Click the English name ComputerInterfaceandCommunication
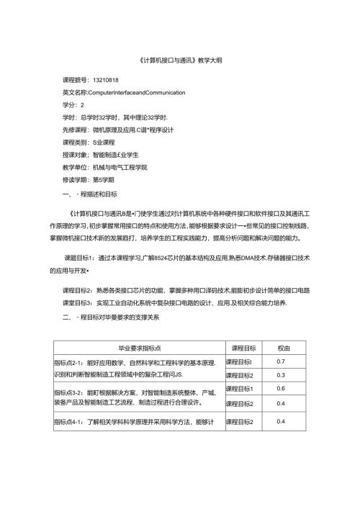(x=127, y=93)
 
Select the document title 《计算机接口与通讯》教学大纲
(x=179, y=61)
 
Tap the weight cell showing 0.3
(x=282, y=375)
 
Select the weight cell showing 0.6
(x=282, y=389)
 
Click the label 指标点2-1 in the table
(x=69, y=361)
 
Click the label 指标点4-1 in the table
(x=69, y=421)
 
